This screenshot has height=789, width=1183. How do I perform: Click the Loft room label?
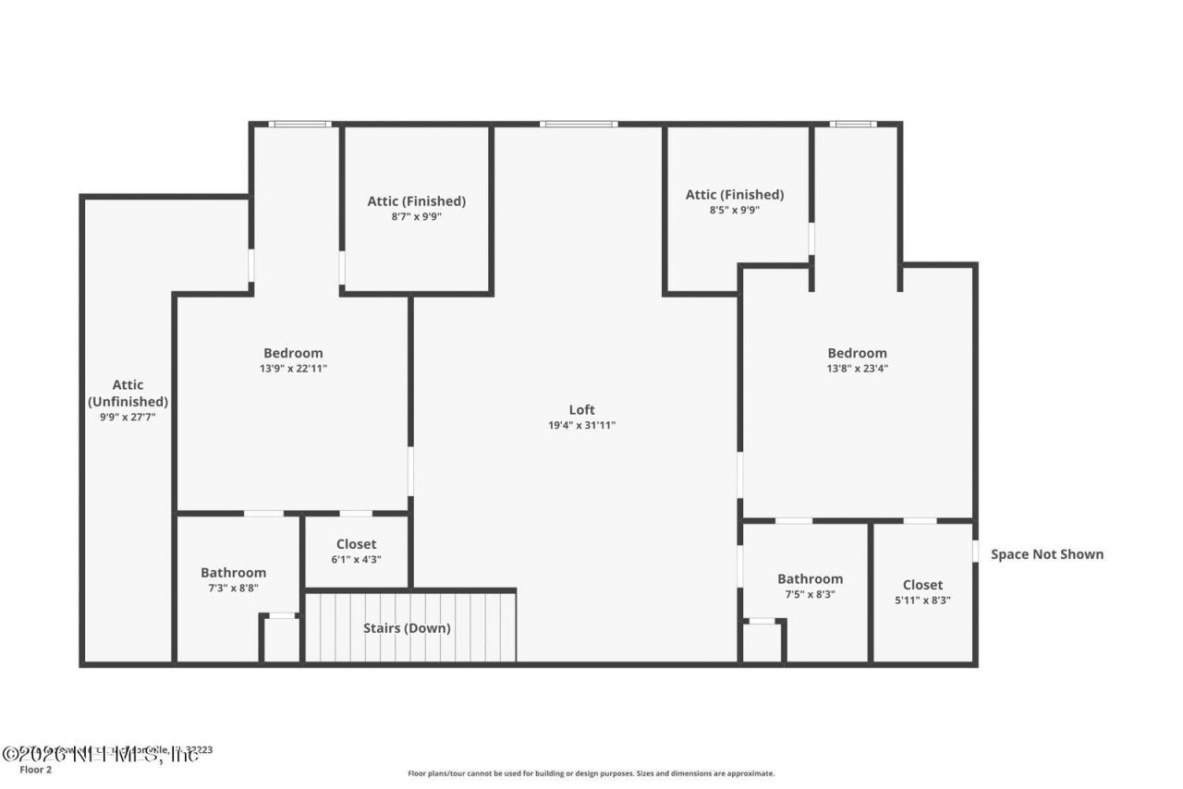[581, 409]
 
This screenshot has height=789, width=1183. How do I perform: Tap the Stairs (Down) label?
[407, 628]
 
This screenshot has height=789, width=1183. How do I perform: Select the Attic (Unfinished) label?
[128, 394]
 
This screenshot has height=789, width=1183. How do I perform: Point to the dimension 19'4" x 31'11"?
[581, 426]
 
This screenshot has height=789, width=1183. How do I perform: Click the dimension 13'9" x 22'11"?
[293, 369]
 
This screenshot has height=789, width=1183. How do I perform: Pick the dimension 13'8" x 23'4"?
[857, 369]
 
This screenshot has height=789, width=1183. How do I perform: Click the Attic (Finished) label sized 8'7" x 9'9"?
[416, 200]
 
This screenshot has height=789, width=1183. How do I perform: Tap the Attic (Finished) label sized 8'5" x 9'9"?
[734, 194]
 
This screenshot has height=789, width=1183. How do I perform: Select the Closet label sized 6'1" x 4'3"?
[356, 544]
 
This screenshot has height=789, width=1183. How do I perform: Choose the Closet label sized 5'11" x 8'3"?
[922, 584]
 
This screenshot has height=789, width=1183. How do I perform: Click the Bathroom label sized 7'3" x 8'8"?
[233, 572]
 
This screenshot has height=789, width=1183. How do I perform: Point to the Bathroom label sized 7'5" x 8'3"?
[810, 578]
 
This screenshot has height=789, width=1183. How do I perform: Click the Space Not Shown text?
[1046, 554]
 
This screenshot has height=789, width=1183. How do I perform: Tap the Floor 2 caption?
[36, 769]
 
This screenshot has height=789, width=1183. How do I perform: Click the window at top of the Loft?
[579, 124]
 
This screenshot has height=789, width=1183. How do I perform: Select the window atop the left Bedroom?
[299, 124]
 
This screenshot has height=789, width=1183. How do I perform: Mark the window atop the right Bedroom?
[852, 124]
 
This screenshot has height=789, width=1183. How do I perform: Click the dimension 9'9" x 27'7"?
[128, 418]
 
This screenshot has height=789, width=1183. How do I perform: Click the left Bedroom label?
[293, 352]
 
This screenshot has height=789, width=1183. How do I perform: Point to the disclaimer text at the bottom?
[591, 773]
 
